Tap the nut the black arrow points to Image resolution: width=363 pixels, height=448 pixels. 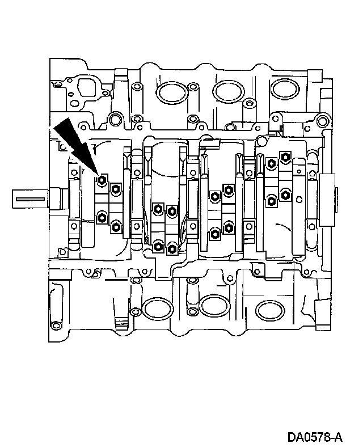click(x=102, y=180)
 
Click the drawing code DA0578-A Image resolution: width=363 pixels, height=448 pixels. click(x=315, y=437)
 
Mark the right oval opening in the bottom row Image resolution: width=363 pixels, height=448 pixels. click(x=271, y=309)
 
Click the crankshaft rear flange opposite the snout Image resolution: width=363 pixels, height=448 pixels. click(x=328, y=198)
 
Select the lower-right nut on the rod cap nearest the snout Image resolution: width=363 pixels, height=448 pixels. click(x=115, y=227)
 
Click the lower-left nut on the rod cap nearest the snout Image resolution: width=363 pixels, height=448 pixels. click(x=102, y=216)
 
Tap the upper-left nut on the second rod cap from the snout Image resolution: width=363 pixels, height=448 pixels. click(x=158, y=209)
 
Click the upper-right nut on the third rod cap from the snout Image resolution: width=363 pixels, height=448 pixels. click(x=229, y=188)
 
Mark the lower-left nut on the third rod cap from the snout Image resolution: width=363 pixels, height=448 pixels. click(x=214, y=233)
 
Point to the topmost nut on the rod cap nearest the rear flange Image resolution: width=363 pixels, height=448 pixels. click(x=284, y=156)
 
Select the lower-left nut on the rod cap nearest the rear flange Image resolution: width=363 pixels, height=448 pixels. click(x=271, y=200)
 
